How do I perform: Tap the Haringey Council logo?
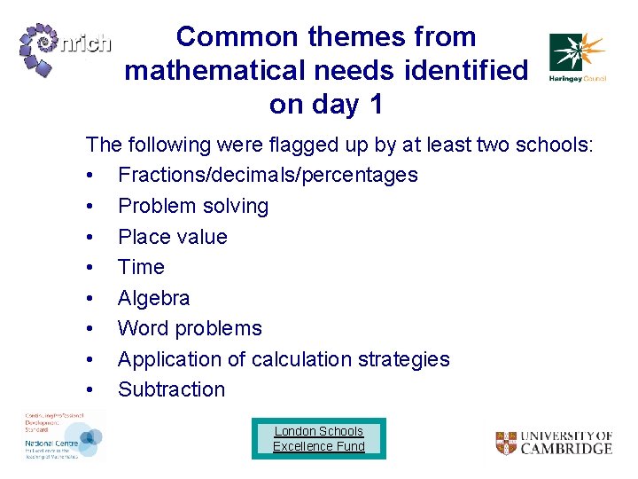(x=577, y=57)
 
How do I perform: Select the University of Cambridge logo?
(x=553, y=443)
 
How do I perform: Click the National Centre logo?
(x=62, y=436)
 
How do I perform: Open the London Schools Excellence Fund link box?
(x=319, y=438)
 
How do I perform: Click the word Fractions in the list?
(x=158, y=175)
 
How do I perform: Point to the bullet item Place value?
(x=172, y=237)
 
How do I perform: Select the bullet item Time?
(x=141, y=267)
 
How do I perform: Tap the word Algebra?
(x=153, y=298)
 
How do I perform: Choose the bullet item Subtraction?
(x=171, y=389)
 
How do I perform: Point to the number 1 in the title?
(x=376, y=105)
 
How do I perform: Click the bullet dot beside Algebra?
(x=91, y=299)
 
